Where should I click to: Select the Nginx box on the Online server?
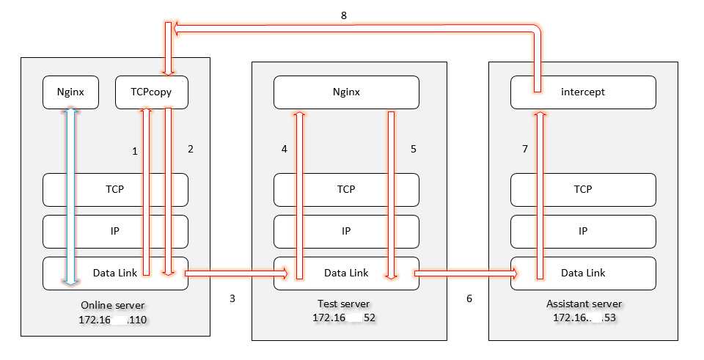click(70, 93)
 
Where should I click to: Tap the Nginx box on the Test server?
click(346, 93)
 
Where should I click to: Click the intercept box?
click(582, 93)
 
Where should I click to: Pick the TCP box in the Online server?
click(115, 189)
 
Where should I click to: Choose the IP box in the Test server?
click(346, 231)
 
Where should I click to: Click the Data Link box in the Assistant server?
click(582, 273)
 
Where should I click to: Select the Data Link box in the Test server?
click(346, 273)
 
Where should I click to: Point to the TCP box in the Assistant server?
click(582, 189)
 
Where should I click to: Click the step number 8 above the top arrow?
click(344, 15)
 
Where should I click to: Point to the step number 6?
click(469, 299)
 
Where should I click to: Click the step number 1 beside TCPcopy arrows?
click(134, 151)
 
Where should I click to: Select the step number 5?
click(414, 149)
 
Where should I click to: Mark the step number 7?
click(524, 149)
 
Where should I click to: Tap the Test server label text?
click(344, 304)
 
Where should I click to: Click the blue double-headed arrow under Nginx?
click(70, 194)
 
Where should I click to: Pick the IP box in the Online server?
click(115, 231)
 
